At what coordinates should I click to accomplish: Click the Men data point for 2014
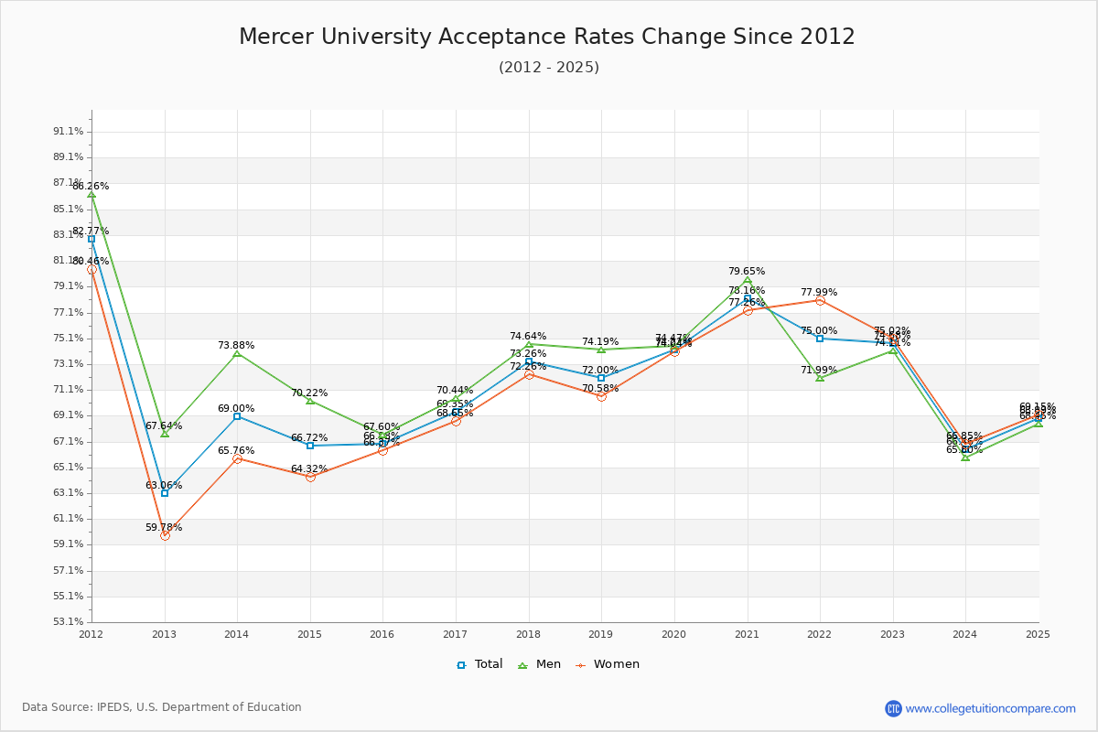point(237,353)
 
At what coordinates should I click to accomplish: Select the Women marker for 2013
point(165,535)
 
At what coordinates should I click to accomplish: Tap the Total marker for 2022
point(820,339)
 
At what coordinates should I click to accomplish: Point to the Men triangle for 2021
point(748,280)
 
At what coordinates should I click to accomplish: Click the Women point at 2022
point(820,300)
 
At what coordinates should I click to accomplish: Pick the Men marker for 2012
point(91,194)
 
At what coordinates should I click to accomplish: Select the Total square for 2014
point(237,416)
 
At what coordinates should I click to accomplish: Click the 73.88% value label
point(236,345)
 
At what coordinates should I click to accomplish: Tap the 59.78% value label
point(164,527)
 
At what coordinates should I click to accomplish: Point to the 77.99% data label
point(819,292)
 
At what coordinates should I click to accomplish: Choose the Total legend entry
point(479,664)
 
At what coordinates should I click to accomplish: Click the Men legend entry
point(541,664)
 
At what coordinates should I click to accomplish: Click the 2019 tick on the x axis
point(601,633)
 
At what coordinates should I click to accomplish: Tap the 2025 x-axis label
point(1039,633)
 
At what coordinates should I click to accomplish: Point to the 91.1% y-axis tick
point(69,131)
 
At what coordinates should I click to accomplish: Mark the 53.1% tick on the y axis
point(69,621)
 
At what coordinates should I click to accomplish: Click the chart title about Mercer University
point(547,37)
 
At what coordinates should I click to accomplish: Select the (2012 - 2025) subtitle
point(549,67)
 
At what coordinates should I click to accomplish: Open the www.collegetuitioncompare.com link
point(990,708)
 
